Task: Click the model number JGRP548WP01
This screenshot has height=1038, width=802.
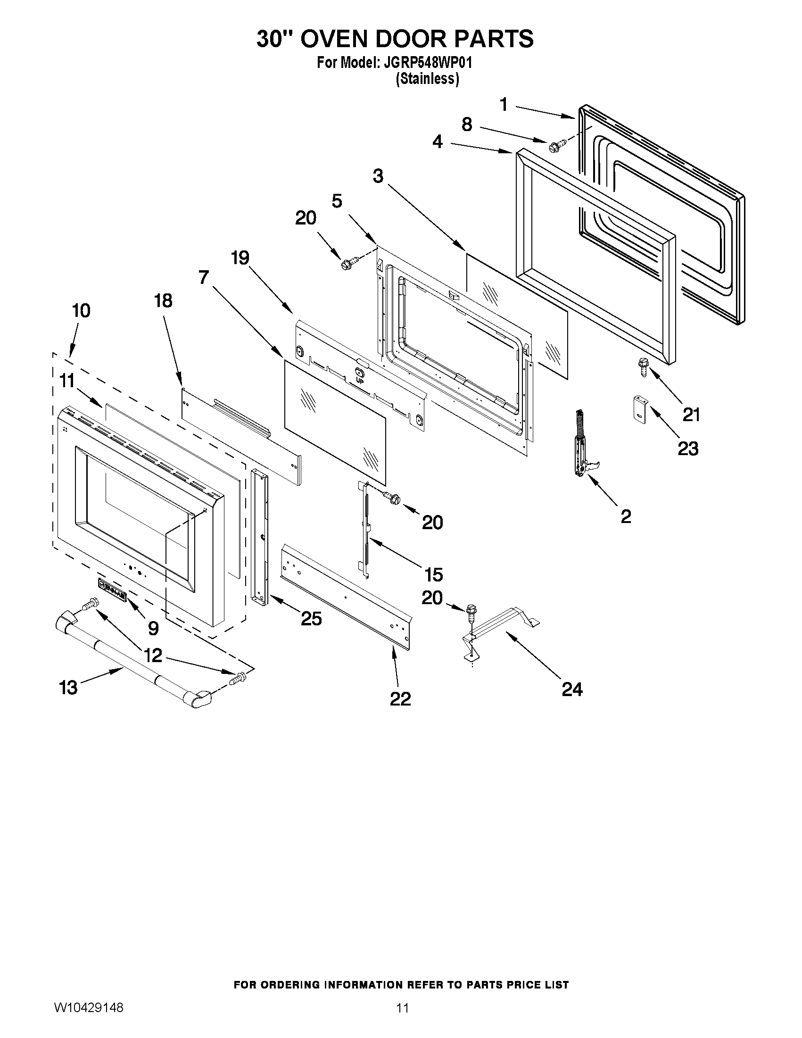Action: (x=425, y=63)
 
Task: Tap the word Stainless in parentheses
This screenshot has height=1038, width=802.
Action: (x=428, y=79)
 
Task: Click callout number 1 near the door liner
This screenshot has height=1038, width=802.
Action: (x=504, y=104)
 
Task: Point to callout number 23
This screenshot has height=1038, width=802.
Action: (x=687, y=448)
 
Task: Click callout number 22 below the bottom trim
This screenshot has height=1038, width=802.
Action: (x=400, y=698)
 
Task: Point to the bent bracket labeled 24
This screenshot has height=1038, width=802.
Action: (x=499, y=627)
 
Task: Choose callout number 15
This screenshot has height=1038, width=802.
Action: (x=433, y=574)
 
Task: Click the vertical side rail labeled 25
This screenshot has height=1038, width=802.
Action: (x=259, y=537)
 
